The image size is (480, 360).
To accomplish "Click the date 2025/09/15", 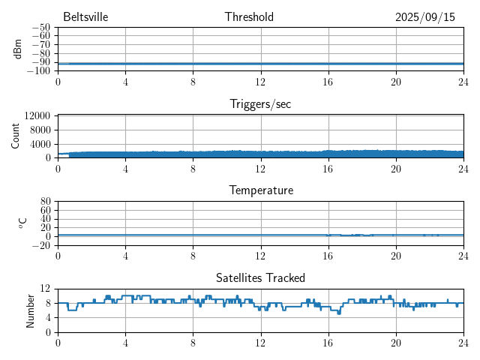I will tap(425, 17).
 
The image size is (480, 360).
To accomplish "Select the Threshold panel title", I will tap(249, 17).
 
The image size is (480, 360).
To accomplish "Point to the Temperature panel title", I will tap(260, 190).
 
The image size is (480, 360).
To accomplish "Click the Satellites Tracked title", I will tap(260, 277).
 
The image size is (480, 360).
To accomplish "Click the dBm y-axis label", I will tap(17, 49).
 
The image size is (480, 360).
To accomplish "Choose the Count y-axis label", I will tap(16, 136).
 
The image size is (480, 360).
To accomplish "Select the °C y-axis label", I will tap(22, 223).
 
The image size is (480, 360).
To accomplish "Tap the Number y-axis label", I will tap(31, 310).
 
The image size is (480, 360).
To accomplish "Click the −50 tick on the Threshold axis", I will tap(41, 27).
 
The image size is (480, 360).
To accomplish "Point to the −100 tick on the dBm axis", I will tap(39, 70).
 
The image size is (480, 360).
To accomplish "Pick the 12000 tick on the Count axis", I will tap(37, 115).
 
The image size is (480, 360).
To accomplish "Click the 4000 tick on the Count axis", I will tap(40, 143).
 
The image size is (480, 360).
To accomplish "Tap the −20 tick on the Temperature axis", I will tap(41, 245).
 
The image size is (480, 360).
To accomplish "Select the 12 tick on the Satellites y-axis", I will tap(46, 288).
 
